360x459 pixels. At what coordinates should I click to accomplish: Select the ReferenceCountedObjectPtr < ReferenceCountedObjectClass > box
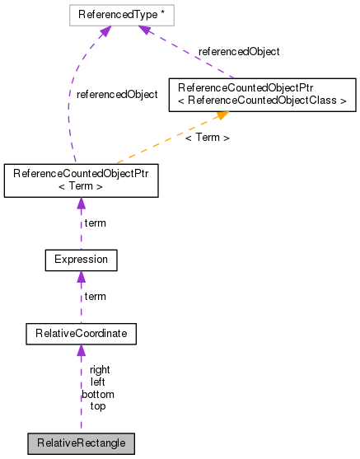(x=261, y=94)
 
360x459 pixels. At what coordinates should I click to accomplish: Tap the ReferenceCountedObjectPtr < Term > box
(x=80, y=180)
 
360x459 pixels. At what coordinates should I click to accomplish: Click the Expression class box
(x=80, y=260)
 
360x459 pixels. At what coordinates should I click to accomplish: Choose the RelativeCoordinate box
(x=80, y=334)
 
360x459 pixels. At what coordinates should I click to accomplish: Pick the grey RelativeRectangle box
(x=80, y=443)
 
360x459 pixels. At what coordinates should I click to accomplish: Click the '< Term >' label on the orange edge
(x=207, y=137)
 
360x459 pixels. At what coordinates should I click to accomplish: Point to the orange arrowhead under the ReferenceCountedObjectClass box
(x=222, y=116)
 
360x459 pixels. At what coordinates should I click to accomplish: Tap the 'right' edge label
(x=100, y=370)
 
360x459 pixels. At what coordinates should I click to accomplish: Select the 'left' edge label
(x=97, y=382)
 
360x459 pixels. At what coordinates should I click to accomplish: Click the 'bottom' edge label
(x=97, y=395)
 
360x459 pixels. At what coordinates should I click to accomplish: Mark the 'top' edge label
(x=97, y=406)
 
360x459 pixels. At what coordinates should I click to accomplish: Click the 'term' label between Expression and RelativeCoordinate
(x=96, y=296)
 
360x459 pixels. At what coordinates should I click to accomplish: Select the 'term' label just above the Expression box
(x=96, y=222)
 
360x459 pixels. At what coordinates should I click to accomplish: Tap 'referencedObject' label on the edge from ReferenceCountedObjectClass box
(x=239, y=51)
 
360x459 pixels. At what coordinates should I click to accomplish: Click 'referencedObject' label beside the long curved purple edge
(x=116, y=95)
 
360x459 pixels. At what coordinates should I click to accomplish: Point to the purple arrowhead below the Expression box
(x=80, y=277)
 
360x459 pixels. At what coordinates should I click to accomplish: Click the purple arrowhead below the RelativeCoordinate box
(x=80, y=351)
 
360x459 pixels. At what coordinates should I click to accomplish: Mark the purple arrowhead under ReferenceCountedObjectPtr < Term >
(x=80, y=204)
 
